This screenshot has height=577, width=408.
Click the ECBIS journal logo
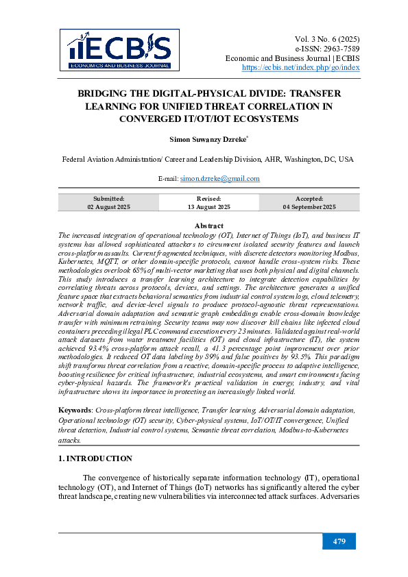point(119,50)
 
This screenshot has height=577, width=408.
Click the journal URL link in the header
point(301,68)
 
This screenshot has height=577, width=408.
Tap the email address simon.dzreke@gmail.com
point(220,179)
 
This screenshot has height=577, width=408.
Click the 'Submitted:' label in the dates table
point(108,198)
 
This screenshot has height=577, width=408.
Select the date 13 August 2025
point(208,207)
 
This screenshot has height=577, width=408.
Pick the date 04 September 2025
point(309,207)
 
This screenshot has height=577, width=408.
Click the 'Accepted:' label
point(309,198)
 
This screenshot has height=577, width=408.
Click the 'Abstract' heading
point(208,226)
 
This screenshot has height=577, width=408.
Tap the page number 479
point(339,541)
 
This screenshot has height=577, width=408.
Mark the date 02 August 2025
point(108,207)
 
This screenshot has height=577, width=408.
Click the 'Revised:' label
point(208,198)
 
